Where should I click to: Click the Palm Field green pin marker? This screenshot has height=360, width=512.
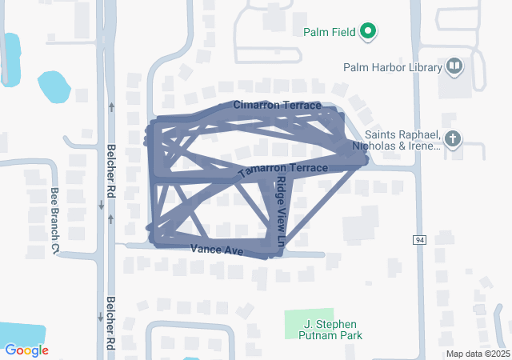pos(368,32)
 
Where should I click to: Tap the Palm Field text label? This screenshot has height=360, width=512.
pos(330,33)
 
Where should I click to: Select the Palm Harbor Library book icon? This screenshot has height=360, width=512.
pos(454,66)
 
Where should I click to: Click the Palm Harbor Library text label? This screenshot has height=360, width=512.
pos(392,67)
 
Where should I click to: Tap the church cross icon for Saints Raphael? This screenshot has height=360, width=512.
pos(453,140)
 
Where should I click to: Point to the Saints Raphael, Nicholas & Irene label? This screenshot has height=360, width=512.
pos(402,141)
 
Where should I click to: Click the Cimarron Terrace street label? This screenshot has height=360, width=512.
pos(278,106)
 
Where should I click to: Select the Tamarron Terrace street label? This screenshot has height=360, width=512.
pos(282,170)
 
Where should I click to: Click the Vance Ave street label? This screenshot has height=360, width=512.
pos(216,250)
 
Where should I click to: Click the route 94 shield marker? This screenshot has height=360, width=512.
pos(419,240)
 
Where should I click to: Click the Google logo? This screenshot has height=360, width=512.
pos(26,350)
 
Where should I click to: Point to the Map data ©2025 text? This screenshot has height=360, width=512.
pos(478,354)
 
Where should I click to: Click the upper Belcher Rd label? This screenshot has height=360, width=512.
pos(112,170)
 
